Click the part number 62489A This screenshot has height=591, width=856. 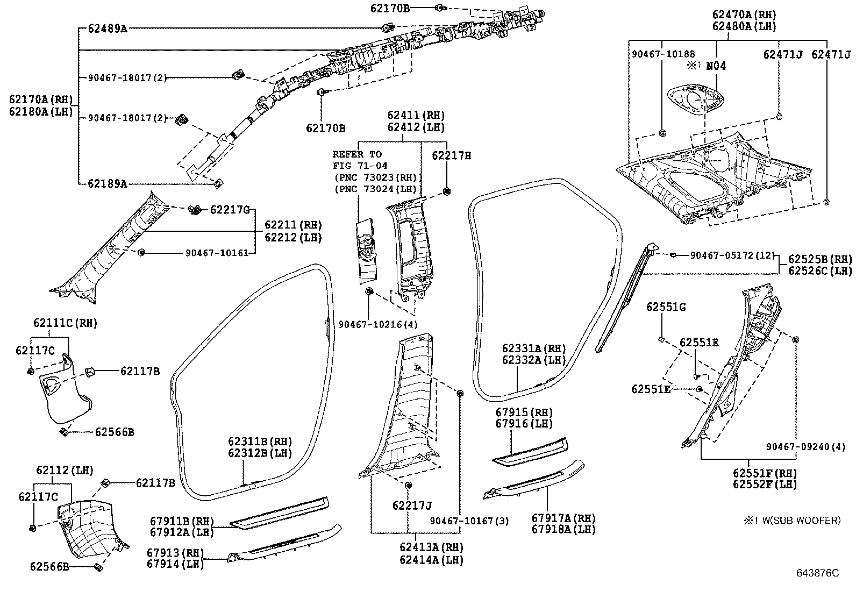click(x=108, y=29)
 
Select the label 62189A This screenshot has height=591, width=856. click(x=108, y=184)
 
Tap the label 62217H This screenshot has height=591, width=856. click(x=452, y=156)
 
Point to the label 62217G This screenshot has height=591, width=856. click(x=230, y=209)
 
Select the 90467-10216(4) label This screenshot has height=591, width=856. click(x=377, y=324)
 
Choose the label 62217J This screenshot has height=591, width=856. click(x=412, y=505)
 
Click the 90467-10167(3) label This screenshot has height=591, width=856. click(x=469, y=521)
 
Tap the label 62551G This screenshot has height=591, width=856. click(x=666, y=307)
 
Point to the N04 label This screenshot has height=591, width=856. click(x=715, y=66)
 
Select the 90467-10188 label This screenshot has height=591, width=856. click(x=663, y=54)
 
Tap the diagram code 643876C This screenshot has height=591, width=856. click(x=817, y=573)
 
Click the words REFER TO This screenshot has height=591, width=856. click(x=357, y=154)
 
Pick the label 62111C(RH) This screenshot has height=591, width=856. click(x=65, y=323)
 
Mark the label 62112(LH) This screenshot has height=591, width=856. click(x=65, y=471)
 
